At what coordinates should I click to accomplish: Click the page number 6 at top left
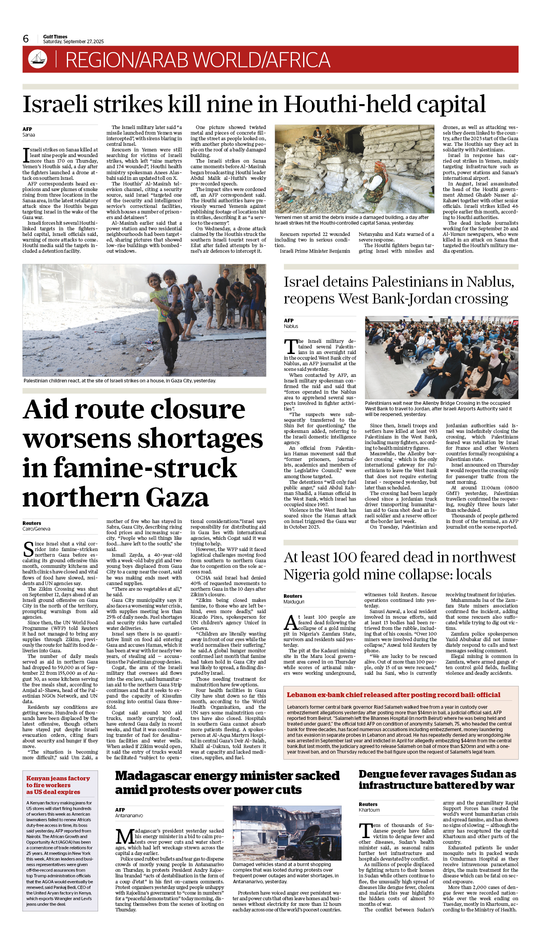pos(26,39)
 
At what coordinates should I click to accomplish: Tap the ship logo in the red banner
pos(38,59)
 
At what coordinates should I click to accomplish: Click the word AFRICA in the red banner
pos(298,60)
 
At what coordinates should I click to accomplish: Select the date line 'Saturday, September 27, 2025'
pos(73,42)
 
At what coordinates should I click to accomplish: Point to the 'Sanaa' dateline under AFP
pos(29,135)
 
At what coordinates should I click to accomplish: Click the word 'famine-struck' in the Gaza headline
pos(130,468)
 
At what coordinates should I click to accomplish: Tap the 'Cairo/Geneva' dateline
pos(36,529)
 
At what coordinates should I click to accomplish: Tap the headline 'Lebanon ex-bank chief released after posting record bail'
pos(393,695)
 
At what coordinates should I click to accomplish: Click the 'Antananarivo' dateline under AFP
pos(129,815)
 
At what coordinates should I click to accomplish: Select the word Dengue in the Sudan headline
pos(380,774)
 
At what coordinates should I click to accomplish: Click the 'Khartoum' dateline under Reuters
pos(369,810)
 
